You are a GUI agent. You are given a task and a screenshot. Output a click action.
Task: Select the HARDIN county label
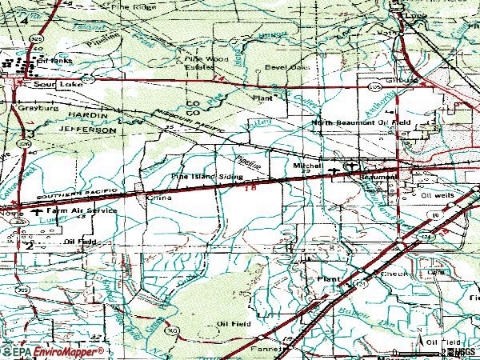(81, 118)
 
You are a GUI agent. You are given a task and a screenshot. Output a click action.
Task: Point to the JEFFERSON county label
(89, 129)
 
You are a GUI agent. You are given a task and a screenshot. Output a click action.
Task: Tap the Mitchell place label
(307, 166)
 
